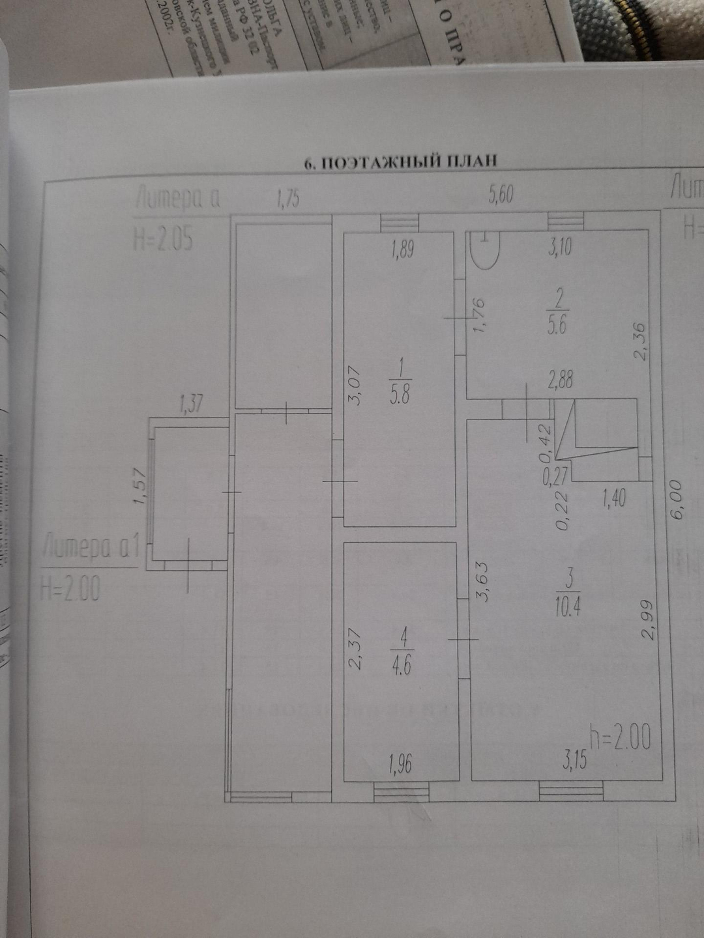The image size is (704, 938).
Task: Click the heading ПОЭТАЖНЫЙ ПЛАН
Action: coord(401,162)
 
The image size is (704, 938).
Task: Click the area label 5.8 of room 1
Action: coord(399,395)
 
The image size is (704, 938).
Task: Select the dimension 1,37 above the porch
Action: coord(191,405)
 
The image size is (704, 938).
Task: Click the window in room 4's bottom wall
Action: coord(401,791)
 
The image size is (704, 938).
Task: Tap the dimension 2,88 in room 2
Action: coord(560,380)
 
